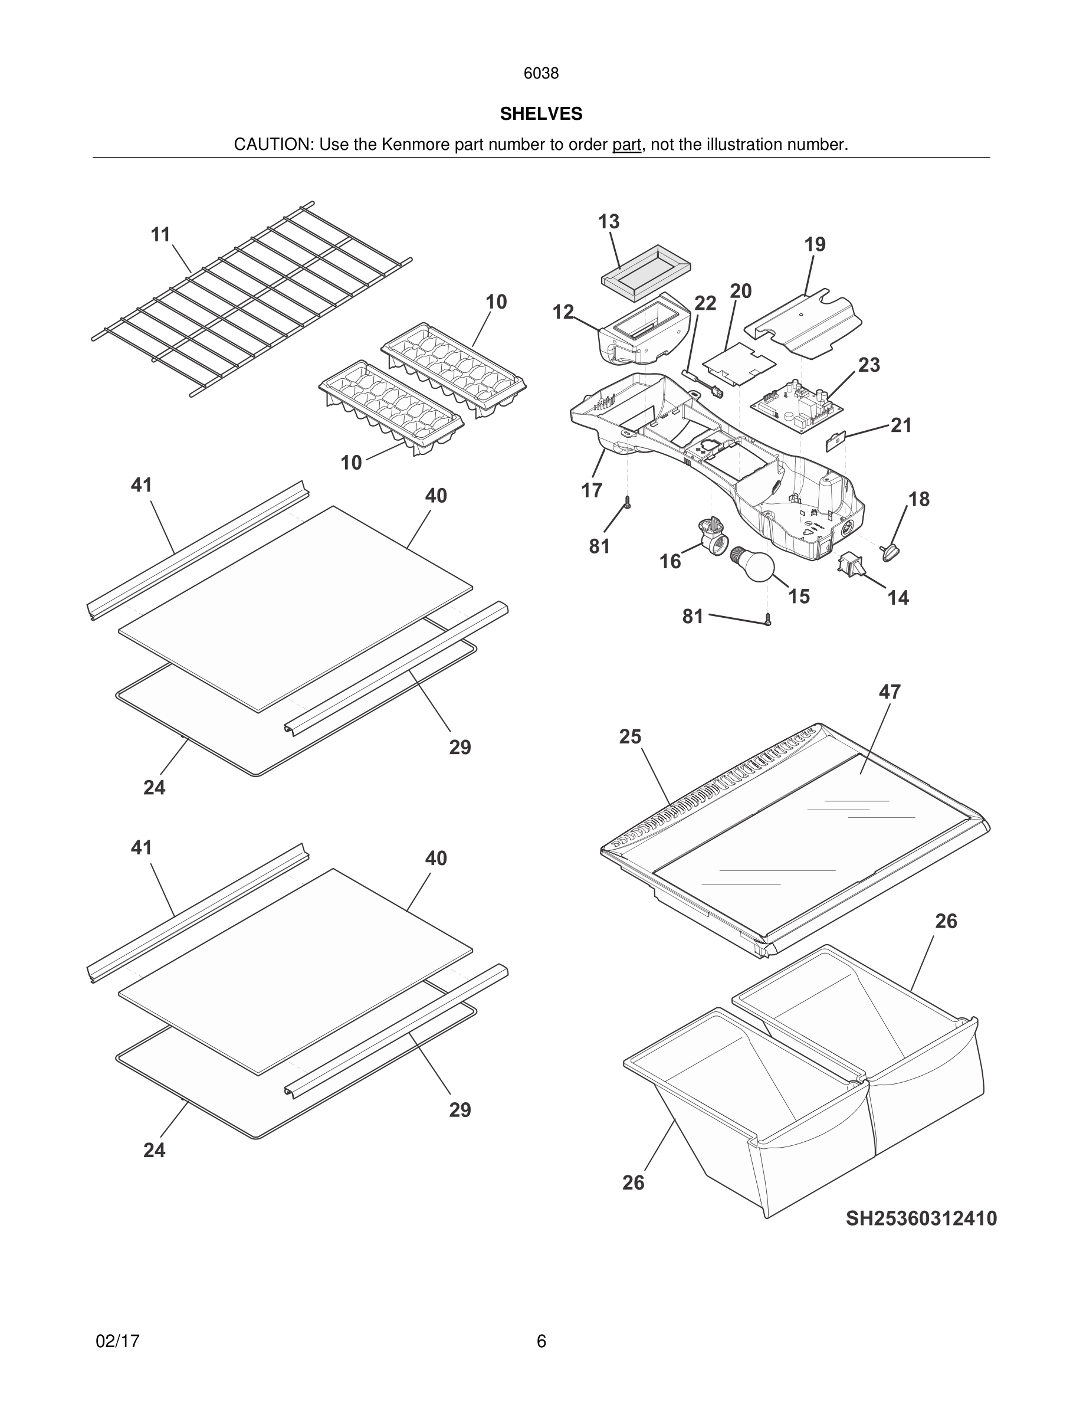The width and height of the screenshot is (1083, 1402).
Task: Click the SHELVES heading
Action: click(x=541, y=114)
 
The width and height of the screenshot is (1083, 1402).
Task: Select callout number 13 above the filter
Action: click(x=608, y=221)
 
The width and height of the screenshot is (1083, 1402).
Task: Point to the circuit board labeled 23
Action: click(x=796, y=407)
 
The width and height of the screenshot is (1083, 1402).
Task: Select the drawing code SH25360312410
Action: click(x=921, y=1218)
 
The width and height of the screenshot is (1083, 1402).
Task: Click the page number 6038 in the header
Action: click(x=541, y=73)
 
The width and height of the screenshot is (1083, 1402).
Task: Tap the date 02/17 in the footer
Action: click(x=117, y=1341)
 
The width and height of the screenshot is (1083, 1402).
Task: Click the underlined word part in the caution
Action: click(x=626, y=145)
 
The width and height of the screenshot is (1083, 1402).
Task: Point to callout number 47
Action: click(x=890, y=692)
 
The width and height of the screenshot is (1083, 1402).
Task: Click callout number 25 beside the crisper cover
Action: click(x=629, y=736)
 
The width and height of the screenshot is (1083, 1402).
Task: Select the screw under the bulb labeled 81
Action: click(x=768, y=620)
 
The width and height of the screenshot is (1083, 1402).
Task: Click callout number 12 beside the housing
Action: click(x=563, y=312)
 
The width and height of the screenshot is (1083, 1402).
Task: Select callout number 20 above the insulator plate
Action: click(x=740, y=291)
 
